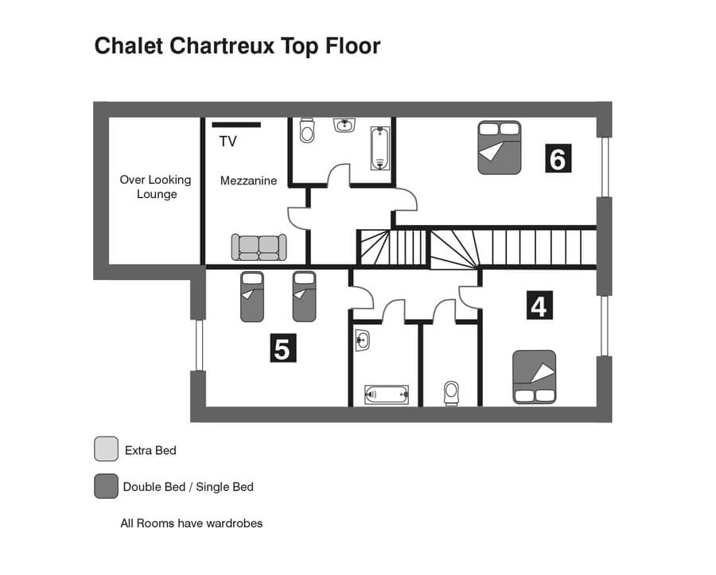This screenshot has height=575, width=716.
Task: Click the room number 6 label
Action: point(558,158)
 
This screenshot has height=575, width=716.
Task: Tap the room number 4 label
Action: point(539,305)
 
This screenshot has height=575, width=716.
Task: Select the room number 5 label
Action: point(283,348)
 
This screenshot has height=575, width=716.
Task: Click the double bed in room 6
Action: point(499,147)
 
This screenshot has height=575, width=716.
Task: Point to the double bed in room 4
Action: point(535,377)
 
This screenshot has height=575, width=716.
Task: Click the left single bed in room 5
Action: point(252,297)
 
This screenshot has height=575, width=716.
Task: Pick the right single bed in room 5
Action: point(304,297)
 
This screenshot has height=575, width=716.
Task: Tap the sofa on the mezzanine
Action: point(259,247)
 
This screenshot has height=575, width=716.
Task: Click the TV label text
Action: point(228,142)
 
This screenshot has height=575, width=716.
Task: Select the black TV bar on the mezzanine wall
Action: point(236,125)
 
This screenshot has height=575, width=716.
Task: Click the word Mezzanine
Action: point(248,181)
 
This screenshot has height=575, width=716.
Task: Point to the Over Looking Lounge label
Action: point(156,187)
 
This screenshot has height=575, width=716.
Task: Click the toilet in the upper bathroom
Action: point(307,130)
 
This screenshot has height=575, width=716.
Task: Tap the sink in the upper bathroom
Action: point(344,125)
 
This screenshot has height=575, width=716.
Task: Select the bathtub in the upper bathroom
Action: point(380,148)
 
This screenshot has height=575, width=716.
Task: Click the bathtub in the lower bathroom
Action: point(387,394)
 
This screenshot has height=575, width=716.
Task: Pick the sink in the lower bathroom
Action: point(362,340)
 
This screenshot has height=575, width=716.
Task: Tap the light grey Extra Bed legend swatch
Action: point(106,449)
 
